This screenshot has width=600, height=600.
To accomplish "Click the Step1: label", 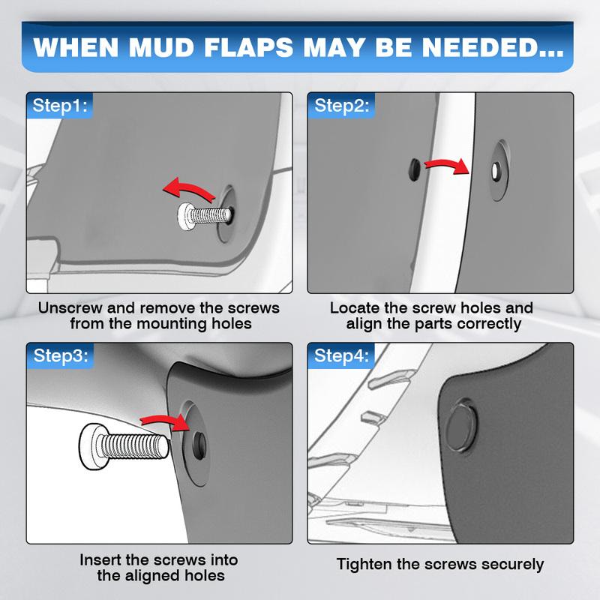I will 58,106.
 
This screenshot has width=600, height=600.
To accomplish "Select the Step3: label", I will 58,355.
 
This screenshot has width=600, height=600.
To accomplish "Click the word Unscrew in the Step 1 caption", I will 71,308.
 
